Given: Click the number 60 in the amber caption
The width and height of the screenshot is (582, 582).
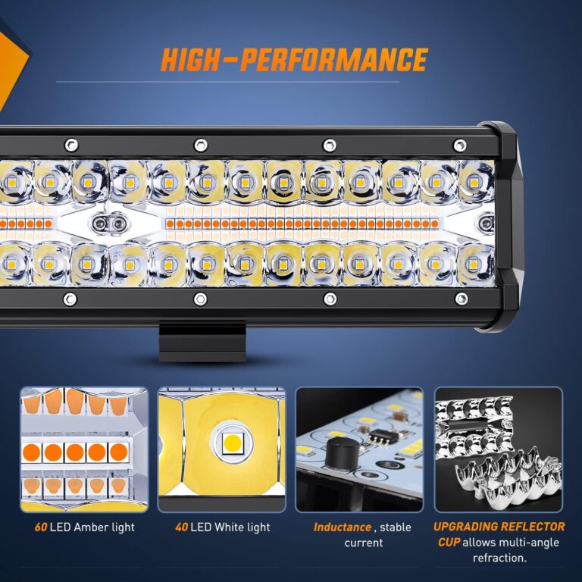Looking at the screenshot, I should click(x=40, y=527).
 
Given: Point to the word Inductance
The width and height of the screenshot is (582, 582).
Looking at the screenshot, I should click(x=343, y=527).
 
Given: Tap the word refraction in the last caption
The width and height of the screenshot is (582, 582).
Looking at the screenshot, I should click(x=499, y=559).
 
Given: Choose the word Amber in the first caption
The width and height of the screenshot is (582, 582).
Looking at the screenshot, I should click(x=92, y=527).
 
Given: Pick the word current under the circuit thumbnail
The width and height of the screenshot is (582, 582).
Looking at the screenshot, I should click(x=363, y=543).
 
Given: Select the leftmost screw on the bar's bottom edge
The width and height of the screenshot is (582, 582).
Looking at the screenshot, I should click(x=70, y=299).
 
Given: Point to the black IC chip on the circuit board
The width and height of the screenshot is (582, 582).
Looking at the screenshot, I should click(x=376, y=438).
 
